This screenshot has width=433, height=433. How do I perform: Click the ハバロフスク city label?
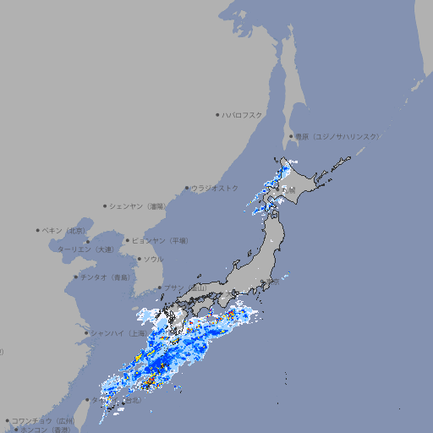pyautogui.click(x=243, y=114)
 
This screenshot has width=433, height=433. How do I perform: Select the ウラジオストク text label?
pyautogui.click(x=215, y=188)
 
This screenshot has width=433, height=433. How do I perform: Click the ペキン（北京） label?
pyautogui.click(x=65, y=230)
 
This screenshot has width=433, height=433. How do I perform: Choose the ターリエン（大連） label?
pyautogui.click(x=85, y=249)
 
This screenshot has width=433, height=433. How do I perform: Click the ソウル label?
pyautogui.click(x=153, y=259)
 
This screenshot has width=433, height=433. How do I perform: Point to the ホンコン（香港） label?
pyautogui.click(x=44, y=430)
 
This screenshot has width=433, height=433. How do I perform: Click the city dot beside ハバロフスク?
pyautogui.click(x=217, y=114)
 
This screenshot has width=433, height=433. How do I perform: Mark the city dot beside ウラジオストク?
pyautogui.click(x=187, y=188)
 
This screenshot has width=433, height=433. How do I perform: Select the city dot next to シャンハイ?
pyautogui.click(x=86, y=333)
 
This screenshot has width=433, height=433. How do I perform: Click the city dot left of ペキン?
pyautogui.click(x=38, y=230)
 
